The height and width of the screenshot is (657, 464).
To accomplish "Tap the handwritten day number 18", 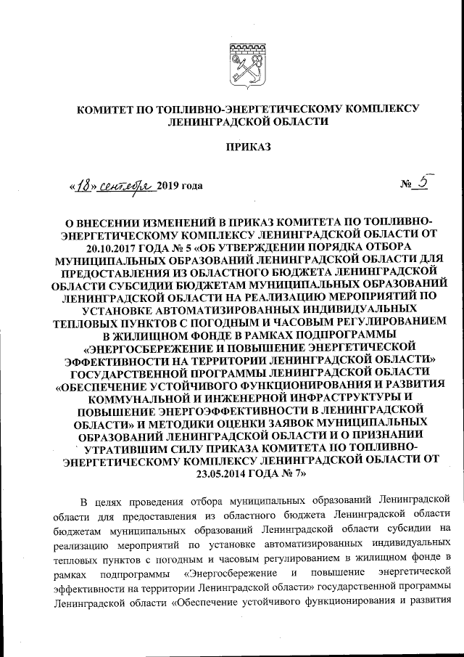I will (85, 185).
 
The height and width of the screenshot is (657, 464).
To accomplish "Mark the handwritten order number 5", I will (423, 182).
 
